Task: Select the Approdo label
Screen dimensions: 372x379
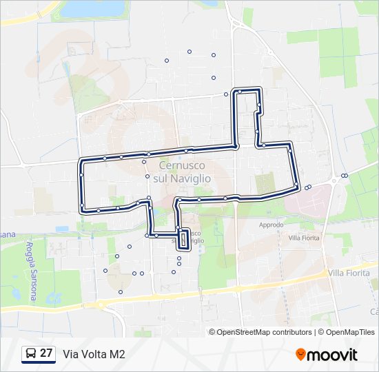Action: tap(271, 225)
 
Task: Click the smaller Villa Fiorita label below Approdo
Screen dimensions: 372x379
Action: tap(304, 238)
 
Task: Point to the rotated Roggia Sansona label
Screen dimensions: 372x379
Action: tap(30, 270)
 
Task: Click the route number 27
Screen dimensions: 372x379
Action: tap(46, 353)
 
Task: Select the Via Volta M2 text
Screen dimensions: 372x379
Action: tap(94, 354)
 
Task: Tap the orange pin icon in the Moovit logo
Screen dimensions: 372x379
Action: tap(300, 354)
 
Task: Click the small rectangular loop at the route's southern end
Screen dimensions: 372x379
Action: tap(183, 239)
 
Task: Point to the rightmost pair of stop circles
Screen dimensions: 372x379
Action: tap(344, 176)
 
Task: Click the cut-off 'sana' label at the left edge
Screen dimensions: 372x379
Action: tap(7, 234)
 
